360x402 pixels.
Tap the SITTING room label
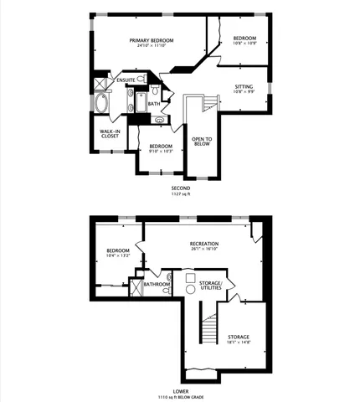click(x=244, y=86)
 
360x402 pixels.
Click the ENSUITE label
click(x=126, y=80)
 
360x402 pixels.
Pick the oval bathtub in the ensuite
click(x=102, y=105)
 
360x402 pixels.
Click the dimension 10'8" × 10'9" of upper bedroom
click(x=244, y=44)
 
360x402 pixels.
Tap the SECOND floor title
click(x=181, y=188)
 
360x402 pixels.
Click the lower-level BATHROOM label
click(x=157, y=284)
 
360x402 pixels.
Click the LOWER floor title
click(x=181, y=390)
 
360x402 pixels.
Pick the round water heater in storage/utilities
click(x=190, y=289)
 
